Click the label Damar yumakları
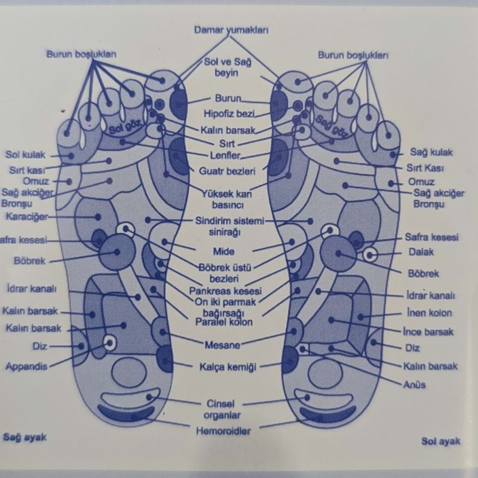[x=231, y=30]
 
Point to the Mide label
[x=224, y=251]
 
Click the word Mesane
[x=222, y=344]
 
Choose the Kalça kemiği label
[x=228, y=367]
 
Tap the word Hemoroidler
[x=223, y=431]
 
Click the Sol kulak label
[x=25, y=154]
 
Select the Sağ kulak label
[x=431, y=152]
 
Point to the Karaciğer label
[x=27, y=217]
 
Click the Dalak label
[x=421, y=251]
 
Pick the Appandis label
[x=26, y=367]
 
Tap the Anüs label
[x=414, y=384]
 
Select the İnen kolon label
[x=429, y=313]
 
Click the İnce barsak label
[x=428, y=331]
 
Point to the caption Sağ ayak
[x=25, y=437]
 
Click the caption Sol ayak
[x=441, y=441]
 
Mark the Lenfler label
[x=225, y=155]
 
